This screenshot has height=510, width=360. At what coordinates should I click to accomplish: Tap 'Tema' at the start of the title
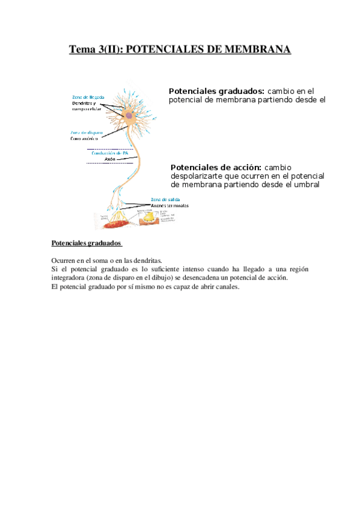pyautogui.click(x=82, y=49)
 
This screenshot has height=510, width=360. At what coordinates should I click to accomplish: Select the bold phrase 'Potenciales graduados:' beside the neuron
pyautogui.click(x=216, y=91)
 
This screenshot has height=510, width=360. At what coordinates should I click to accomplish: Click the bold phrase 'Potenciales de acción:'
pyautogui.click(x=216, y=167)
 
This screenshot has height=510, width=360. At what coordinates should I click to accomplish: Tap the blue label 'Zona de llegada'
pyautogui.click(x=88, y=97)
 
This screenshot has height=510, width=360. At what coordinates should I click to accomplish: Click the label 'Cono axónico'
pyautogui.click(x=84, y=138)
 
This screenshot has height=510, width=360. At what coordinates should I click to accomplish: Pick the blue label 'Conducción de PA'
pyautogui.click(x=109, y=153)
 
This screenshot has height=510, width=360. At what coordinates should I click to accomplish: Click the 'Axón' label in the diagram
pyautogui.click(x=109, y=159)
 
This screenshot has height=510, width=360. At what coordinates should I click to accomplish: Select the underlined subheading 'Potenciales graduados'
pyautogui.click(x=87, y=244)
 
